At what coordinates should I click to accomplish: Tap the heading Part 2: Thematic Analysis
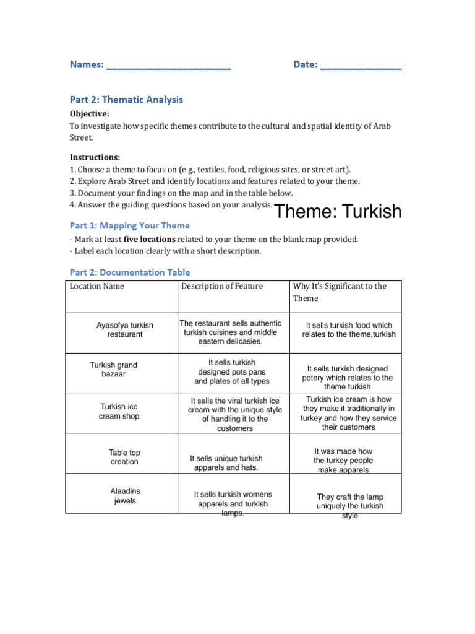coord(126,100)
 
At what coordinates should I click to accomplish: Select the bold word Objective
coord(90,114)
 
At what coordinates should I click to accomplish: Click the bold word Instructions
coord(95,157)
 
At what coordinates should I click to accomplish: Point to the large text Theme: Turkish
coord(338,212)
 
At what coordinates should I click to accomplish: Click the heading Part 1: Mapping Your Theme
coord(130,225)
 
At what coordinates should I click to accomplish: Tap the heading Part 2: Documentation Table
coord(130,272)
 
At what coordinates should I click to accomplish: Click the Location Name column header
coord(96,286)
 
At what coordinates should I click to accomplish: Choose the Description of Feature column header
coord(222,286)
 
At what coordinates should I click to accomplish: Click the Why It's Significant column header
coord(340,292)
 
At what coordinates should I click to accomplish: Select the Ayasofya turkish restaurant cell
coord(124,329)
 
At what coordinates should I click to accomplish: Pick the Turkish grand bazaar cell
coord(114,370)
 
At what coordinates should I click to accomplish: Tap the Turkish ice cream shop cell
coord(120,411)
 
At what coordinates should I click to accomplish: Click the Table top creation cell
coord(124,457)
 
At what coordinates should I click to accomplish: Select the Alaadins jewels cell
coord(125,496)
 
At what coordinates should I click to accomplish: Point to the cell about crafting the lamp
coord(349,506)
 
